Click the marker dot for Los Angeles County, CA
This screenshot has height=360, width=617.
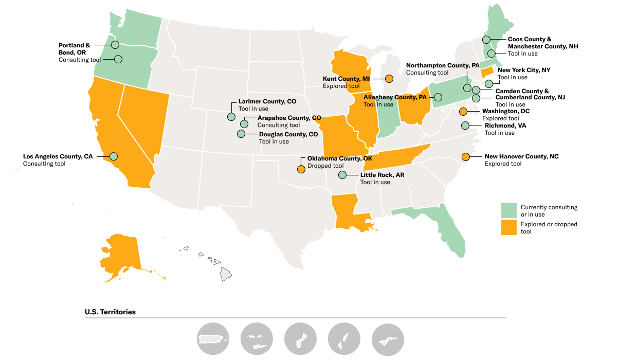(x=114, y=156)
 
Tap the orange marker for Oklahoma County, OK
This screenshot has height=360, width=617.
(x=301, y=169)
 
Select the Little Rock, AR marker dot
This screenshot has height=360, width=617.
(x=343, y=175)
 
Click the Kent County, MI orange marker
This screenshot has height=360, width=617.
(x=389, y=79)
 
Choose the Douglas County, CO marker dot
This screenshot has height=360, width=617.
(x=241, y=134)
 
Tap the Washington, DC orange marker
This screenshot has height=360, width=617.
(x=463, y=111)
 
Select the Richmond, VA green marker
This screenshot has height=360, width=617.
(x=465, y=125)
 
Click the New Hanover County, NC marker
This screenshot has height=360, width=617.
(x=466, y=156)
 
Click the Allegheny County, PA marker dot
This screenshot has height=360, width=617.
(x=438, y=97)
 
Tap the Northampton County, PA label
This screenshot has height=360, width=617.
(x=442, y=66)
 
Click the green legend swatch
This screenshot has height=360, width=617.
(x=509, y=210)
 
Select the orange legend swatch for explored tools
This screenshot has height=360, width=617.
(x=509, y=227)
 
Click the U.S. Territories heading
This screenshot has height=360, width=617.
(x=110, y=312)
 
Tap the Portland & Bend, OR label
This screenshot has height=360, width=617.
(x=74, y=49)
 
